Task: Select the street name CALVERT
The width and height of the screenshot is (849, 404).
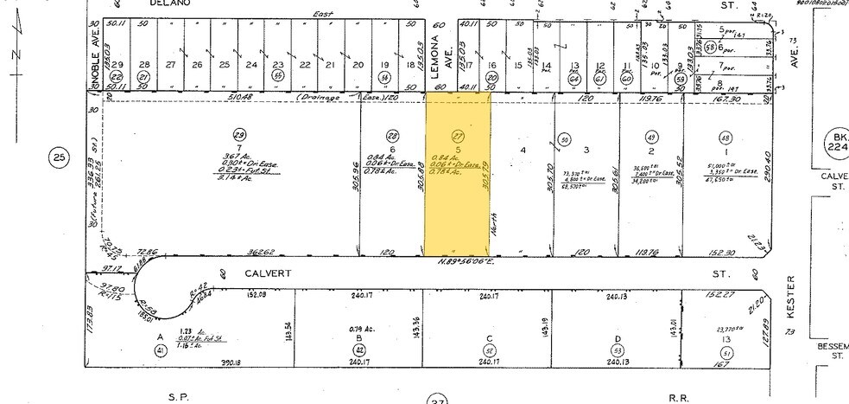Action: (265, 273)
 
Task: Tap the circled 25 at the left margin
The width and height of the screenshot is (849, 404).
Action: (59, 157)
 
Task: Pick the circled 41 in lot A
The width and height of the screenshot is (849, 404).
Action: (159, 349)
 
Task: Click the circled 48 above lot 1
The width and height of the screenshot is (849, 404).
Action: (725, 137)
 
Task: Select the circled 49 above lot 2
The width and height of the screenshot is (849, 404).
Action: (653, 137)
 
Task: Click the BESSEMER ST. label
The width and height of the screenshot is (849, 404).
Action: (831, 349)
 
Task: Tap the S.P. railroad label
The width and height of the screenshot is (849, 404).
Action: (178, 396)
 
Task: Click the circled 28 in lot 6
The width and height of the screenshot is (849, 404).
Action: (393, 137)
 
